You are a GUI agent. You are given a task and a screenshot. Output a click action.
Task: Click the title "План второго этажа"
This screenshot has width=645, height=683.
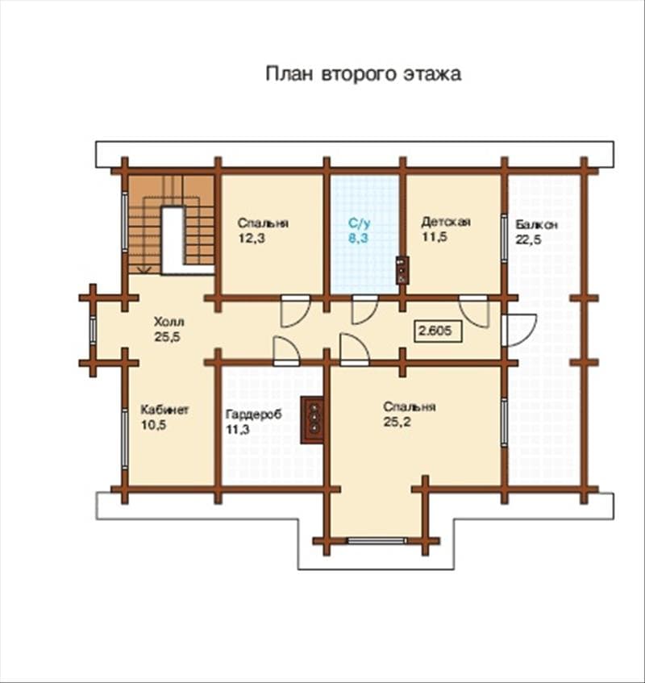point(364,74)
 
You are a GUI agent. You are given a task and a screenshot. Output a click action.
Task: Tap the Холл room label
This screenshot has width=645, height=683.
point(169,322)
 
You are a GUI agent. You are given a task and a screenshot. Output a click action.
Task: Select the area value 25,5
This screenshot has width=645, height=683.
point(167,337)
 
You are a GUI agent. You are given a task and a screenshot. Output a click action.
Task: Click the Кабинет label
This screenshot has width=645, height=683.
point(164,410)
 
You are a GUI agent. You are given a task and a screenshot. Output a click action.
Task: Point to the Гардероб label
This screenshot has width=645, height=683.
point(253,414)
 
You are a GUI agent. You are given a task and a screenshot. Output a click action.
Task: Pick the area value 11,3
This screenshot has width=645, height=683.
point(237,430)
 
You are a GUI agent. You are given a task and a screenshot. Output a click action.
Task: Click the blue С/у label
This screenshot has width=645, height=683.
point(360,223)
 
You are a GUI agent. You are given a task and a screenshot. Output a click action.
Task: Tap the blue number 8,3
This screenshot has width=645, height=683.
point(359,238)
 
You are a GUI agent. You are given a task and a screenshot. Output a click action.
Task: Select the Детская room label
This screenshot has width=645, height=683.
point(446,222)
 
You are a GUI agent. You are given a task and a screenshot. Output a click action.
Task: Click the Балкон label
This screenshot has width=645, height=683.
point(536,225)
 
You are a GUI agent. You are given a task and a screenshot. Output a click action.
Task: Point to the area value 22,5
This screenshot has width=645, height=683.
point(529,239)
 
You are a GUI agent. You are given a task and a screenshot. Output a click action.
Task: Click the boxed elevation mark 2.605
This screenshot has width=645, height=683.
point(438,331)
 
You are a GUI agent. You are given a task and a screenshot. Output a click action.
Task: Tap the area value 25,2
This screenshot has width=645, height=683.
point(397,422)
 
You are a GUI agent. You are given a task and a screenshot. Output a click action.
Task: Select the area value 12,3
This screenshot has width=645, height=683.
point(252,238)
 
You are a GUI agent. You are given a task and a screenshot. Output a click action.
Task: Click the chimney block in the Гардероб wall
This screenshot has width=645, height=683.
point(313,420)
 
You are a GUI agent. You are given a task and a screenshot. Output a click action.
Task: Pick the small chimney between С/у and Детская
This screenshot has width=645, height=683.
point(402,270)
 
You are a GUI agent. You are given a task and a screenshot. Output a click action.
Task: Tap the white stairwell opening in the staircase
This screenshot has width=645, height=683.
point(173,240)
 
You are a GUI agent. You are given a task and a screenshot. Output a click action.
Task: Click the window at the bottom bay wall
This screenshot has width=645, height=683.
point(377,541)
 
